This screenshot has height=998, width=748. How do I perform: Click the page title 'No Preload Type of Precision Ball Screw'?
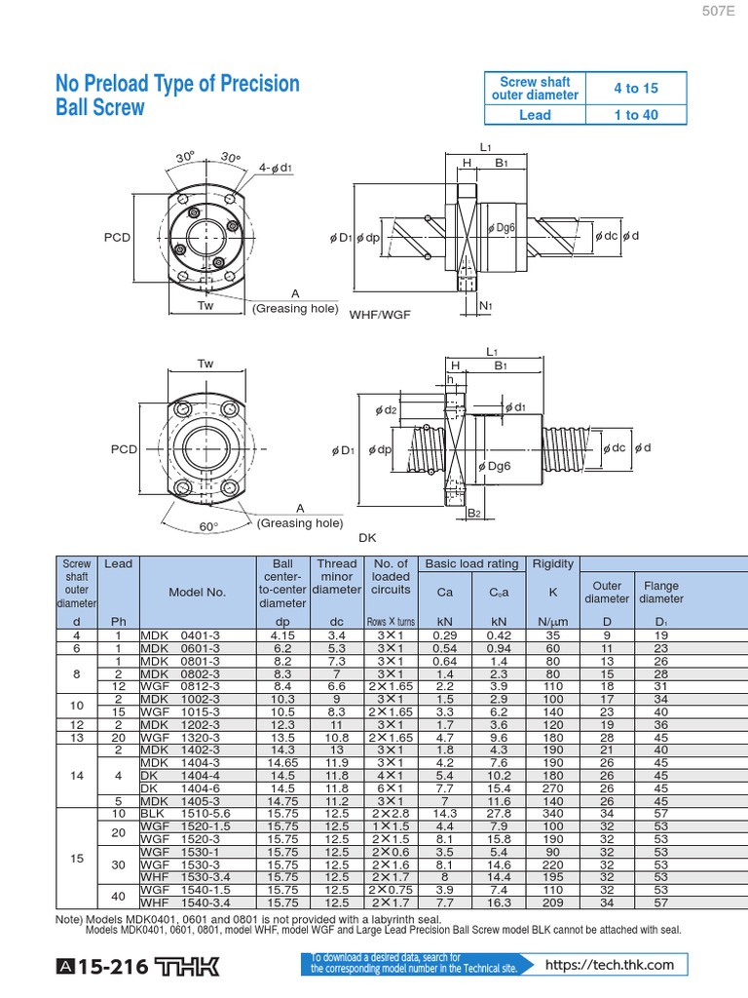tap(177, 96)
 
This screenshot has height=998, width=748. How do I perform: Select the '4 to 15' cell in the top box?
tap(635, 88)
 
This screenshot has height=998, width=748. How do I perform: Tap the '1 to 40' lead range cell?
tap(635, 115)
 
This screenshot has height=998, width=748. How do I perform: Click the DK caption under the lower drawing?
tap(367, 537)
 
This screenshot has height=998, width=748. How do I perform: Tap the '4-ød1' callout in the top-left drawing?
tap(276, 168)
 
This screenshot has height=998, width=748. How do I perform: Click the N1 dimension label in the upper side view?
tap(486, 305)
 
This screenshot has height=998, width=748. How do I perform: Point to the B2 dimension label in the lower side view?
tap(475, 513)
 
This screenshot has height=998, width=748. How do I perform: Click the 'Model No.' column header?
tap(197, 592)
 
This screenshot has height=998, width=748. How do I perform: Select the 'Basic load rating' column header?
tap(471, 564)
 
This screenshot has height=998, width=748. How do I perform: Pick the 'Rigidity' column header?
tap(553, 564)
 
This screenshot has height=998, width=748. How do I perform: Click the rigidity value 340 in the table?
tap(553, 812)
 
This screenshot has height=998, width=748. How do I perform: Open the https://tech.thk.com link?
tap(609, 965)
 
